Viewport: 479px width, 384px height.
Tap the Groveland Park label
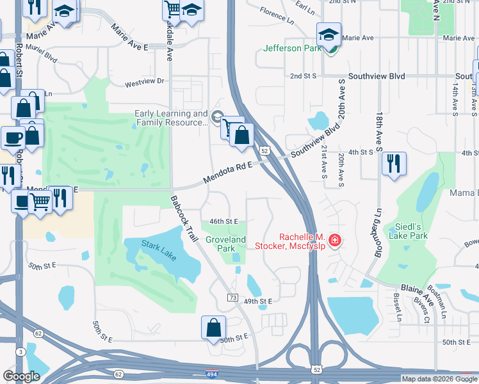tap(225, 244)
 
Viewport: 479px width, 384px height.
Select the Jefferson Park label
tap(291, 48)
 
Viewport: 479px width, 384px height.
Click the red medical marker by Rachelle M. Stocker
tap(334, 241)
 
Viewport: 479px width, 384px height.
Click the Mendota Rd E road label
tap(229, 172)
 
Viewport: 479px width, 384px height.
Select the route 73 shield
tap(233, 298)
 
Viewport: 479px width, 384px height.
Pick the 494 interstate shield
tap(211, 373)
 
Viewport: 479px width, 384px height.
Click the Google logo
tap(21, 376)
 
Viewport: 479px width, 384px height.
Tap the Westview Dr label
tap(145, 82)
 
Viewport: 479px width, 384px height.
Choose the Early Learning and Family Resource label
tap(171, 118)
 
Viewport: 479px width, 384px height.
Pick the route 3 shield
tap(21, 352)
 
